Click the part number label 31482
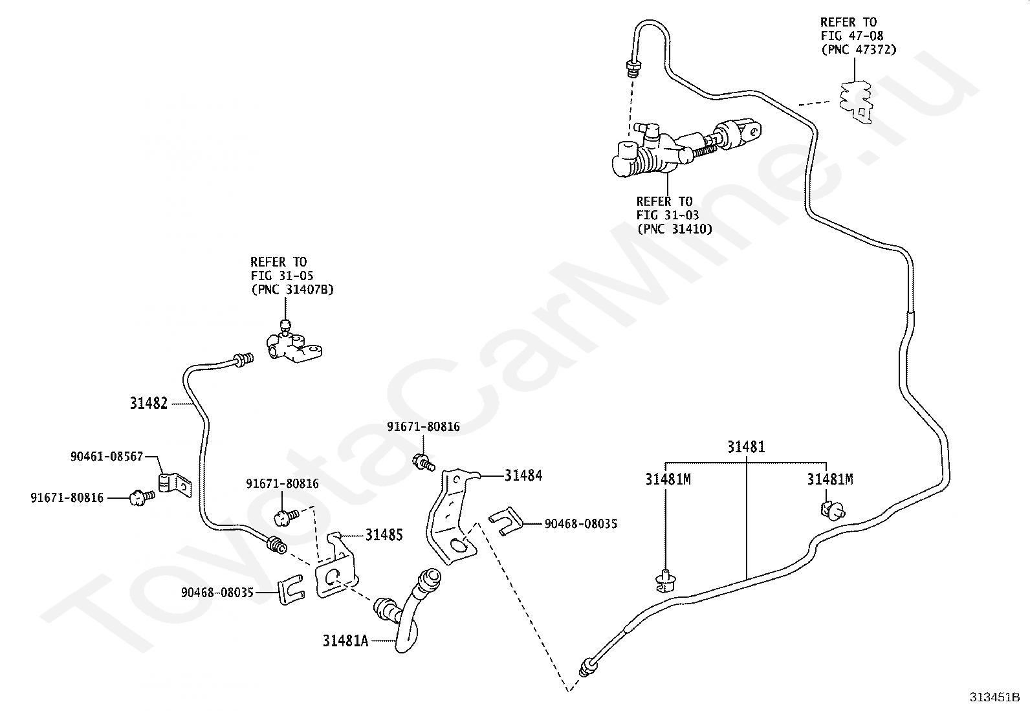(x=148, y=403)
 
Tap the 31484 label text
(x=523, y=476)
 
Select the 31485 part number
(x=384, y=534)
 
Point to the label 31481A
(x=345, y=640)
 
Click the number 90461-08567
(x=107, y=456)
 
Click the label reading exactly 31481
(x=746, y=447)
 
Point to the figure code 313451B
(x=994, y=697)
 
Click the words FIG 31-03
(x=667, y=215)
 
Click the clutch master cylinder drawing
(x=673, y=150)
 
